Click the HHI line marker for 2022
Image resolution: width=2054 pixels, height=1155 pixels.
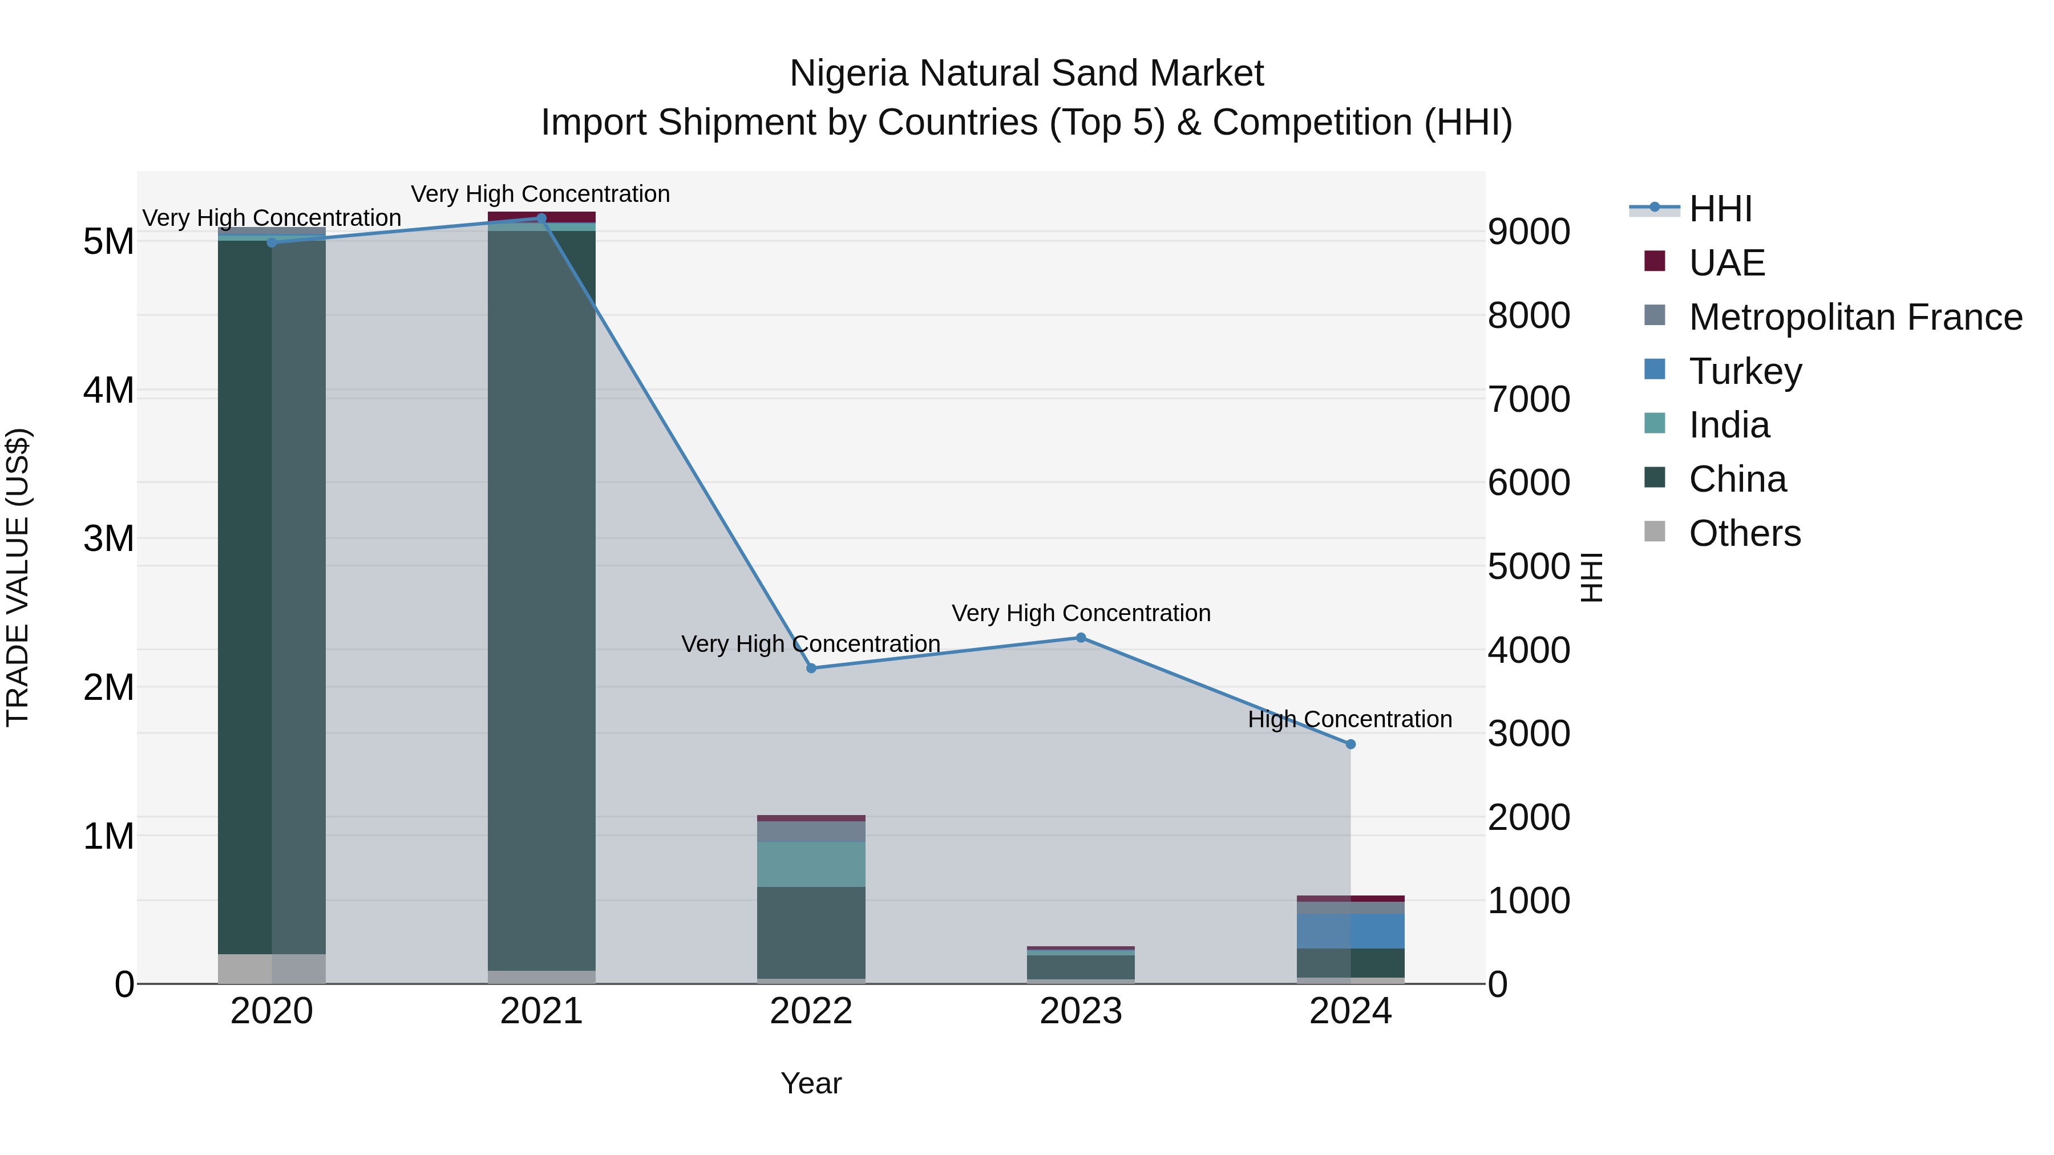(811, 668)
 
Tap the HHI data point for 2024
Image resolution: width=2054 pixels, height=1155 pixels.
(1350, 744)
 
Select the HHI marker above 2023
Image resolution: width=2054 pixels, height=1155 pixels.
(1081, 637)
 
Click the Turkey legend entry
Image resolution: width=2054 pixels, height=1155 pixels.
(1745, 371)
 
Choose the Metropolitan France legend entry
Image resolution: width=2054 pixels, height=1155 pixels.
(1855, 317)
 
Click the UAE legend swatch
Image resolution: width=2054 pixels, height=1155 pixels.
(1655, 261)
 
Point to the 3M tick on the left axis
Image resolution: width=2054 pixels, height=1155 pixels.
(108, 539)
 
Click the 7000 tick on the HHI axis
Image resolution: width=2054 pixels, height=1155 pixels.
(1528, 399)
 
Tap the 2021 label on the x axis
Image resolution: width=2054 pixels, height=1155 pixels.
(541, 1011)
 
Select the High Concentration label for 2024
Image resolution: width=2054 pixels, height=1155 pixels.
(1349, 719)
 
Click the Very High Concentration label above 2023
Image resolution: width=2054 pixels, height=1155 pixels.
(1081, 613)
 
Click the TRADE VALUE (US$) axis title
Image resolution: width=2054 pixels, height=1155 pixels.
(18, 577)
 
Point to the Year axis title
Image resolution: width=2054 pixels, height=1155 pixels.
(811, 1083)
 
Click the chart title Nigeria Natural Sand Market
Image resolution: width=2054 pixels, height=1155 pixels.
(1026, 74)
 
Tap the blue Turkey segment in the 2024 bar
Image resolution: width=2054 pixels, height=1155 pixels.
(1350, 930)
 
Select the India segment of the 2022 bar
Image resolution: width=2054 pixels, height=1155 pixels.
(811, 864)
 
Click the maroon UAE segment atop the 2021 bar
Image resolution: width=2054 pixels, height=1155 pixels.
(541, 217)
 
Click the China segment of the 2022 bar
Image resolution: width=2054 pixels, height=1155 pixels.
(811, 932)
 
